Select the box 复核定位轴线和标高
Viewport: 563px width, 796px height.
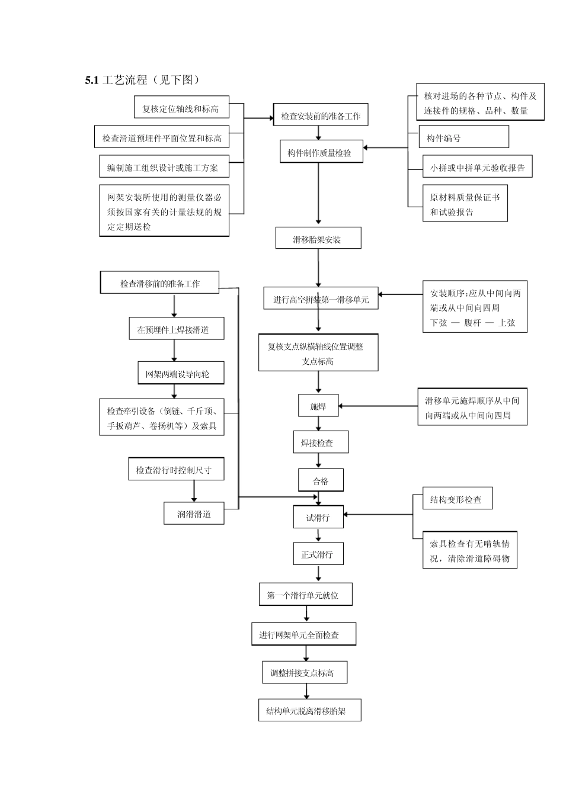[x=181, y=109]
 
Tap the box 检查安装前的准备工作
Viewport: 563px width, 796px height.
[x=320, y=116]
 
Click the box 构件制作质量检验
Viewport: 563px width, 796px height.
[x=321, y=153]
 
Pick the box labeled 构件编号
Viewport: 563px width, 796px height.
[x=463, y=138]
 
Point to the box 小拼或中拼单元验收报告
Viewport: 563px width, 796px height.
[x=477, y=168]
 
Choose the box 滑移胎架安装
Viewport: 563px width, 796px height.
[x=318, y=239]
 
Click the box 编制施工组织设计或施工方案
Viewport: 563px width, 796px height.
[x=164, y=168]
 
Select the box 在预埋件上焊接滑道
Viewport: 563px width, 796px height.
[x=176, y=329]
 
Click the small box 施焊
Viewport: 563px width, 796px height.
[x=318, y=407]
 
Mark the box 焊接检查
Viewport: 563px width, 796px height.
[x=321, y=442]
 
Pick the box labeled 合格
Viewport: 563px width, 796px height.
[x=321, y=481]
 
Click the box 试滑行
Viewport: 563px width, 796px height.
[x=318, y=518]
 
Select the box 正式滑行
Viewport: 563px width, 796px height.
[x=318, y=555]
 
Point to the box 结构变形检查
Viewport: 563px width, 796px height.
[x=457, y=499]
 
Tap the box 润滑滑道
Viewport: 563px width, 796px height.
[x=195, y=514]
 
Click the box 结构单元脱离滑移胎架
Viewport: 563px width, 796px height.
[x=309, y=711]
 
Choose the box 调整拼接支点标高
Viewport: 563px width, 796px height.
[x=304, y=673]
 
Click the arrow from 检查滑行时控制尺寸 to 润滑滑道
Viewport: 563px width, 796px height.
[x=194, y=491]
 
